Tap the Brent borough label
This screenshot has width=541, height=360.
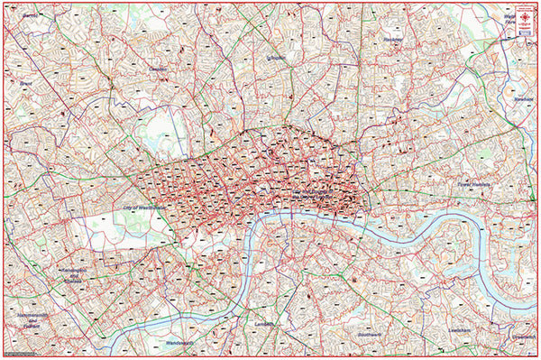(x=25, y=83)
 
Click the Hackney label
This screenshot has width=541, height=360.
(x=392, y=40)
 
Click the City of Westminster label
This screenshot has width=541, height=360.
(x=145, y=207)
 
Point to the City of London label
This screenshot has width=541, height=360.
(x=316, y=192)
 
